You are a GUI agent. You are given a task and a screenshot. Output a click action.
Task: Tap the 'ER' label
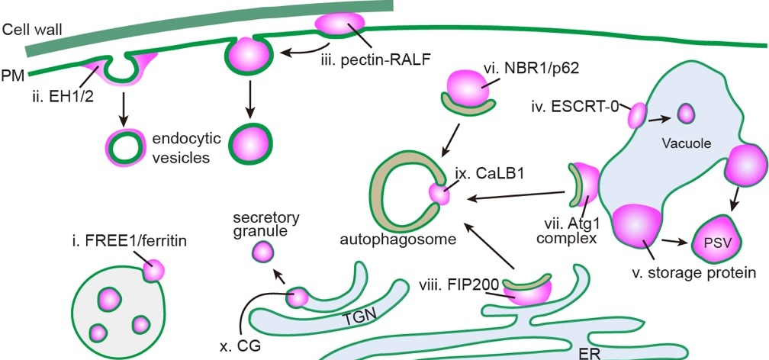click(x=588, y=352)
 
